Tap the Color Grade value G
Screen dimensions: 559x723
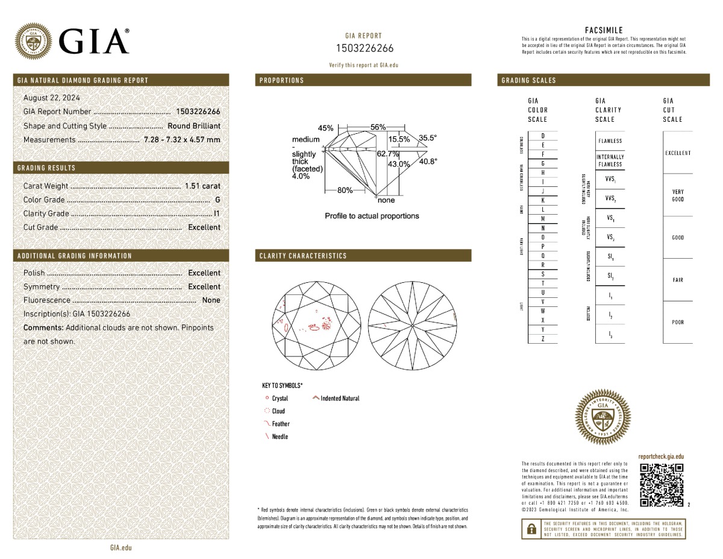point(218,200)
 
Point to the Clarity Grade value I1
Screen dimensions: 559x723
point(217,213)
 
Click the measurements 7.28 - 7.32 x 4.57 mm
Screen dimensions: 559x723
point(182,140)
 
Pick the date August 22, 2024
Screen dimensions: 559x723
point(51,98)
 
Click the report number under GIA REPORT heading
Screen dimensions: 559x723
point(364,48)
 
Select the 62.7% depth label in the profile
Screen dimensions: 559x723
point(388,154)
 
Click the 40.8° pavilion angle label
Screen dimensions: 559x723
point(428,161)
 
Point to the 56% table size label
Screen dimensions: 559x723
point(378,127)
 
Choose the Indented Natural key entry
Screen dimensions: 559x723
point(339,398)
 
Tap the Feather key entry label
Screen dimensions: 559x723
point(281,424)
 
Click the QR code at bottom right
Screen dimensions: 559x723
point(661,484)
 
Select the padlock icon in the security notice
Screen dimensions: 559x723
point(531,529)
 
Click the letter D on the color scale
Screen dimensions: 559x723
point(543,136)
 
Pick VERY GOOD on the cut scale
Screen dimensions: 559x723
point(678,195)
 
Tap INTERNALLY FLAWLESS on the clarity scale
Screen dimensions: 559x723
point(610,160)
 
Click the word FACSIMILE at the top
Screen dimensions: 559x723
point(604,30)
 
